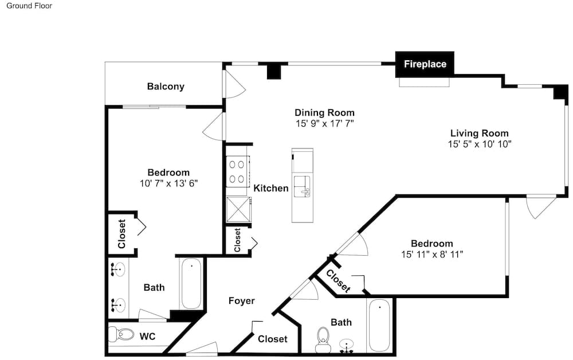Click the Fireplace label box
[425, 64]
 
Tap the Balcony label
[166, 87]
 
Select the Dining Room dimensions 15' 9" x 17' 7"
[324, 123]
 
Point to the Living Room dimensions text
[480, 144]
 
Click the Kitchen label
[271, 188]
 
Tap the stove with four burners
[237, 172]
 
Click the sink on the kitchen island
[302, 186]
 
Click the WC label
[147, 336]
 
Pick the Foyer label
[242, 301]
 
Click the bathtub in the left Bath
[191, 284]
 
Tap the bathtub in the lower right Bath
[379, 325]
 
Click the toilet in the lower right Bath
[323, 340]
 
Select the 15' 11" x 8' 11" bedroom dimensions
[432, 254]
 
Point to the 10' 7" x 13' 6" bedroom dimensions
[168, 183]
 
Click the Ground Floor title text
[29, 6]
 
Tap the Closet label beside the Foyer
[273, 339]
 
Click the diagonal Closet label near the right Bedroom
[338, 281]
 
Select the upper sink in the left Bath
[118, 270]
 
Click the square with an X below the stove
[238, 209]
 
